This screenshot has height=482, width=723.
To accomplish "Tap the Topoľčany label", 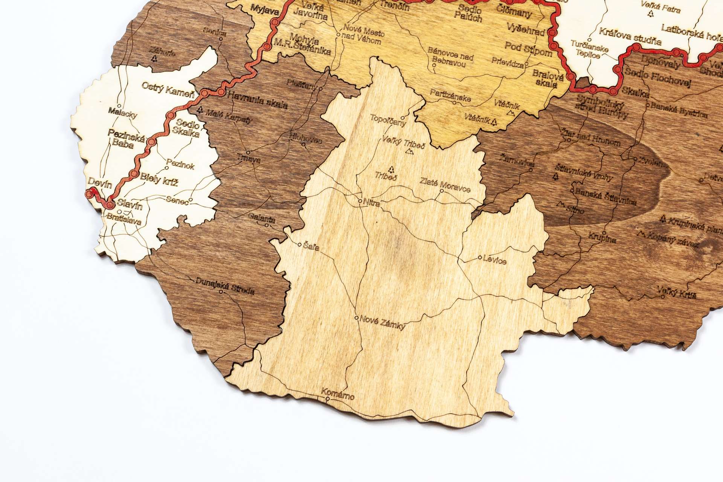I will pyautogui.click(x=388, y=120).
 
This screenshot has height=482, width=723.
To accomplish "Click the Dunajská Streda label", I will pyautogui.click(x=225, y=287).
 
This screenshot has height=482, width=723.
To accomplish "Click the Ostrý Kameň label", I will pyautogui.click(x=168, y=90).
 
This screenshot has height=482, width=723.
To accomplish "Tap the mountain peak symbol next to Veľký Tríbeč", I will pyautogui.click(x=410, y=151).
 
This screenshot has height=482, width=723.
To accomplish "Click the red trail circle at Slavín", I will pyautogui.click(x=110, y=205).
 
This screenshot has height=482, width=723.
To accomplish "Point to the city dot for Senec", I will pyautogui.click(x=191, y=200).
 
